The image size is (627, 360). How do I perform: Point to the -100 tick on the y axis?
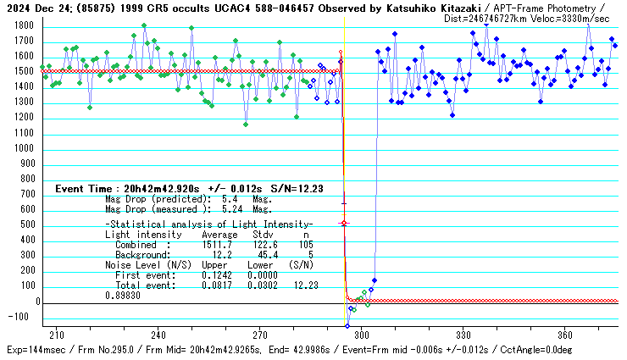[20, 318]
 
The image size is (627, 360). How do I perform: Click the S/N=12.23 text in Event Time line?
[291, 189]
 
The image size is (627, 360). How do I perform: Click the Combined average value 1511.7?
[219, 244]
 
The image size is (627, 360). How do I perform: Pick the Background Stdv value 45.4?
[264, 253]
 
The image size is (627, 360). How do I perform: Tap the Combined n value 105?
[305, 244]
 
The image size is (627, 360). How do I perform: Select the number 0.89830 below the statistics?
[122, 296]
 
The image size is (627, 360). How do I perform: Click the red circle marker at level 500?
[343, 224]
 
